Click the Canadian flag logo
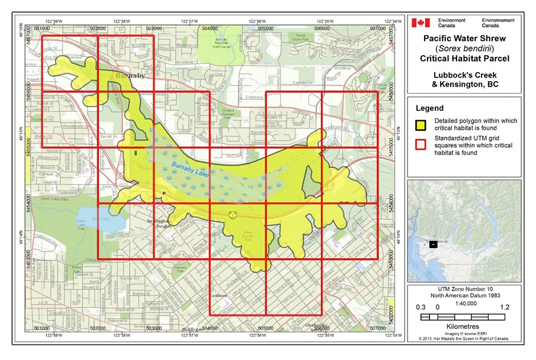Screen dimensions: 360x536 point(421,22)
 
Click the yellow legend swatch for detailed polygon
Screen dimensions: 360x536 point(421,124)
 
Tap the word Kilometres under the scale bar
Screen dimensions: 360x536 point(464,326)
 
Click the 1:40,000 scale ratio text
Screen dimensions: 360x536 point(464,303)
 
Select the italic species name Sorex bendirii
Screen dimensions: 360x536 point(464,48)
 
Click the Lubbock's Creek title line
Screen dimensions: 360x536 point(464,75)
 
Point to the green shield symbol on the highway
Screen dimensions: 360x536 point(232,214)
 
